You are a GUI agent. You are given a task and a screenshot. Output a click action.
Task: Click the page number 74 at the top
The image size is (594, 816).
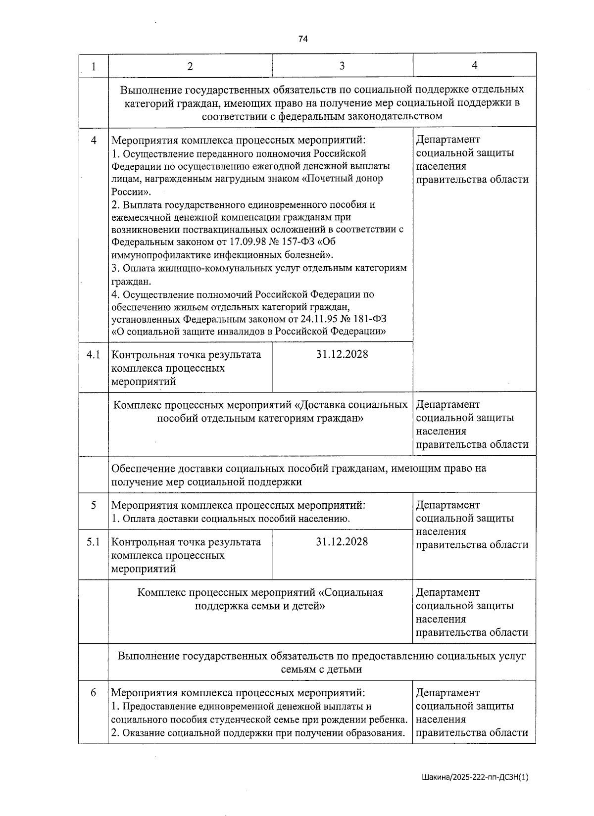pyautogui.click(x=303, y=39)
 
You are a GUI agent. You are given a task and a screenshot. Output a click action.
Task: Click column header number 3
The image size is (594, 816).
pyautogui.click(x=342, y=66)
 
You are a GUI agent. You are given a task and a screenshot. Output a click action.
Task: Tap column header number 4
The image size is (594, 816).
pyautogui.click(x=474, y=65)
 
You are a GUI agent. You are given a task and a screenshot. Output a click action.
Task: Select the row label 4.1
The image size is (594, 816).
pyautogui.click(x=93, y=355)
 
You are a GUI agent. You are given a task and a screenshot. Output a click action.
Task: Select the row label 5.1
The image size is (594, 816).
pyautogui.click(x=93, y=542)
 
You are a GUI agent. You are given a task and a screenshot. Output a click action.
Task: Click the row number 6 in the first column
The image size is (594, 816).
pyautogui.click(x=93, y=693)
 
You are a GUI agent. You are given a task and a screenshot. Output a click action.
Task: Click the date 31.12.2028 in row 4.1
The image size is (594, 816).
pyautogui.click(x=342, y=355)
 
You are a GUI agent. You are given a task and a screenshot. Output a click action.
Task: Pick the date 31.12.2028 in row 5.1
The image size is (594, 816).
pyautogui.click(x=342, y=542)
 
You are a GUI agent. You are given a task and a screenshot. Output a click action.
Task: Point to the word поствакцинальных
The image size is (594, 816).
pyautogui.click(x=226, y=230)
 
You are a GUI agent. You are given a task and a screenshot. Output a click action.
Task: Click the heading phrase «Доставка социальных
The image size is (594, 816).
pyautogui.click(x=351, y=405)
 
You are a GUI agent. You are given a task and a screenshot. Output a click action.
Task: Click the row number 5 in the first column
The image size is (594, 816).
pyautogui.click(x=93, y=505)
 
